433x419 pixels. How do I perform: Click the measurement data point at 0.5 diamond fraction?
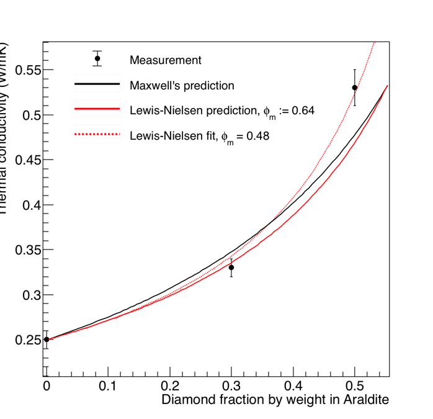[355, 88]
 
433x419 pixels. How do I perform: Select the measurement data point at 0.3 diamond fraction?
[231, 268]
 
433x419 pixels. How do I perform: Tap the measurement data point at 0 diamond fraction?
[47, 340]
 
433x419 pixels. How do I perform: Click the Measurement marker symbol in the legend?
[97, 58]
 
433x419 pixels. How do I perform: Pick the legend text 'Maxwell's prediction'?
[182, 85]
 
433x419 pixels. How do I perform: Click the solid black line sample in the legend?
[97, 84]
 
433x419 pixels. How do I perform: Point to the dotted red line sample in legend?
[97, 133]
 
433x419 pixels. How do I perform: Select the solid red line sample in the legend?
[97, 109]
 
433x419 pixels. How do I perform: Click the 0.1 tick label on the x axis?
[108, 386]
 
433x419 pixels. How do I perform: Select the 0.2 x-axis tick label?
[169, 386]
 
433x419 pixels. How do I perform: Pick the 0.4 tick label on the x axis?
[293, 386]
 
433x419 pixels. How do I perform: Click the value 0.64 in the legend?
[304, 110]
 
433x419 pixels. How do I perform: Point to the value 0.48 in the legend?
[259, 135]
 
